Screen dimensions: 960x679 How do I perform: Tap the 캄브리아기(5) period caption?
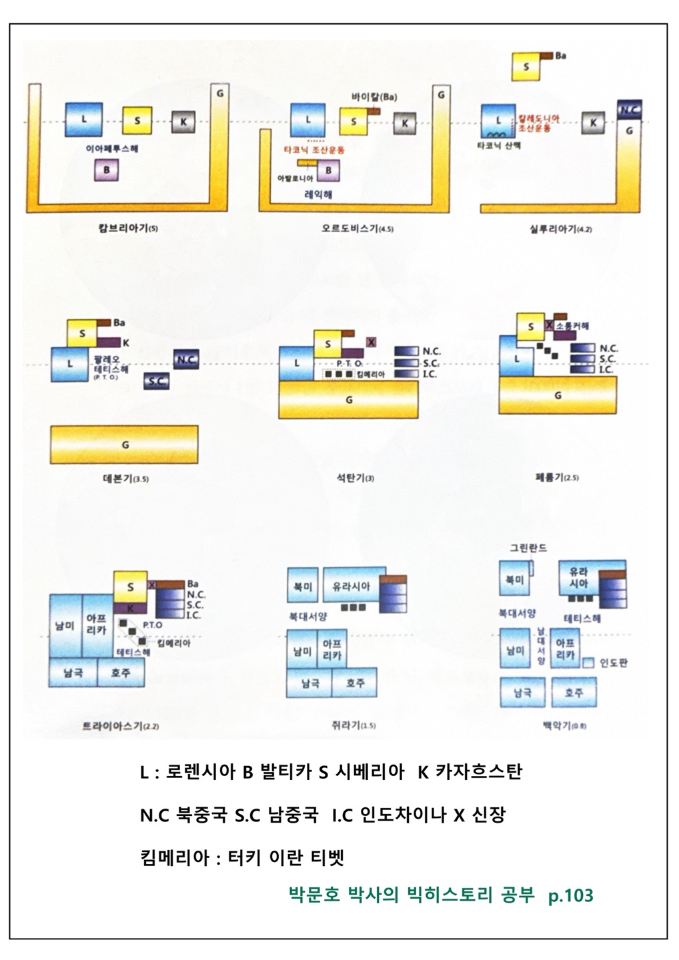pyautogui.click(x=128, y=228)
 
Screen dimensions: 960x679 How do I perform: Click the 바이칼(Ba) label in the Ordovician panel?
pyautogui.click(x=374, y=96)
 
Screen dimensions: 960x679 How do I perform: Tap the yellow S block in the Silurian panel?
pyautogui.click(x=526, y=67)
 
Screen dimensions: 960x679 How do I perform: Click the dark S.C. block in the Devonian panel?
pyautogui.click(x=156, y=382)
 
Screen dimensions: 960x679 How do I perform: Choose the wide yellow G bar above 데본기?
pyautogui.click(x=124, y=444)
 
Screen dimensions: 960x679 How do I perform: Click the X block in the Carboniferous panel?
pyautogui.click(x=372, y=343)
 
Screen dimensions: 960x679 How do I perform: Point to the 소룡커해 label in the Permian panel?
pyautogui.click(x=572, y=326)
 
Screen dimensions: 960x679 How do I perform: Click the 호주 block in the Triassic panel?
pyautogui.click(x=121, y=673)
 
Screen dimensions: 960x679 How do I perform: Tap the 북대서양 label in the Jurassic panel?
pyautogui.click(x=309, y=617)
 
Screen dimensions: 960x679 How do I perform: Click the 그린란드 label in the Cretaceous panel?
pyautogui.click(x=528, y=548)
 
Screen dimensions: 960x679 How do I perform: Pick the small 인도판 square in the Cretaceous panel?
pyautogui.click(x=588, y=663)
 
